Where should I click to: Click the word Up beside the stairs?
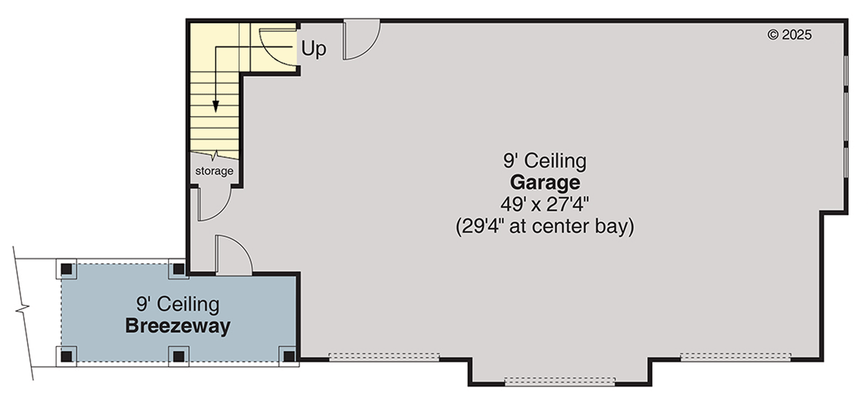click(314, 49)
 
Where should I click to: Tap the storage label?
click(214, 171)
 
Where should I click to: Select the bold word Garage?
click(545, 182)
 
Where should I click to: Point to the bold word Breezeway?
click(178, 326)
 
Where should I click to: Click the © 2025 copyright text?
click(789, 35)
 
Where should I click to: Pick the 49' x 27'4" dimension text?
click(545, 205)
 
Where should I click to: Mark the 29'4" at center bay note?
click(545, 226)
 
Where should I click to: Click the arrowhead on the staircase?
click(216, 106)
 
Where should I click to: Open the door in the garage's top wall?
click(360, 39)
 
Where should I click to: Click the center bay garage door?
click(559, 381)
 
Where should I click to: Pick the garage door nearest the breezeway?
click(384, 357)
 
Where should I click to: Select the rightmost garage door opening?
click(735, 357)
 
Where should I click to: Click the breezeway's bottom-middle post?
click(178, 356)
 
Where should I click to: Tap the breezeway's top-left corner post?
click(66, 269)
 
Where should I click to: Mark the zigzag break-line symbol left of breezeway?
click(23, 308)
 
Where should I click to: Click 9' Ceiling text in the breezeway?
click(178, 304)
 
